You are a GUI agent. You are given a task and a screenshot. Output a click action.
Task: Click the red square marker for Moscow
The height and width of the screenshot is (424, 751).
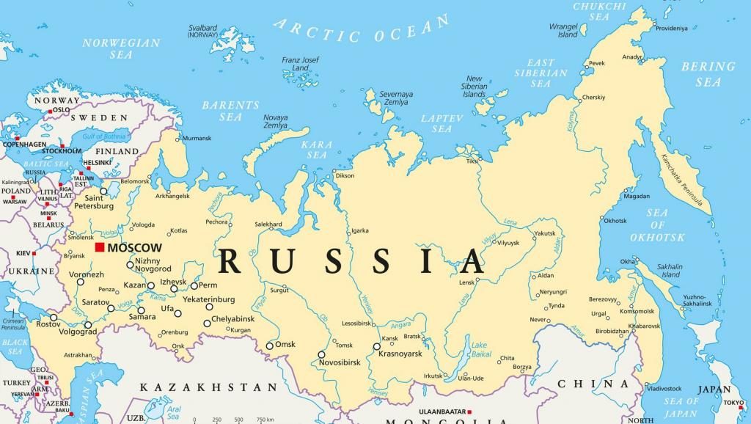tap(99, 247)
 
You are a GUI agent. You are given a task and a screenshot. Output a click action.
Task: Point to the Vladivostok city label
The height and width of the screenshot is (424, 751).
tap(664, 388)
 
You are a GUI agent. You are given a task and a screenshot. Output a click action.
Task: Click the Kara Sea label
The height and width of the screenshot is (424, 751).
tap(317, 150)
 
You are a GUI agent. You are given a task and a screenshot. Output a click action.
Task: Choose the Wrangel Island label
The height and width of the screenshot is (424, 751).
tap(563, 30)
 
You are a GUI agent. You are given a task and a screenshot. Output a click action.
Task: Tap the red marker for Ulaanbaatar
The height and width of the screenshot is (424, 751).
tap(469, 412)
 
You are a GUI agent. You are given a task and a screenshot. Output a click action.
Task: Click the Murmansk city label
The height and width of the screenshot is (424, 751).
tap(196, 138)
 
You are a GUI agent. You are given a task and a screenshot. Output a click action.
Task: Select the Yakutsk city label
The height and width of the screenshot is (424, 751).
tap(545, 233)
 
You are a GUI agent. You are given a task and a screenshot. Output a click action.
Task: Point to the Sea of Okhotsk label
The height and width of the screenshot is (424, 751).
tap(657, 224)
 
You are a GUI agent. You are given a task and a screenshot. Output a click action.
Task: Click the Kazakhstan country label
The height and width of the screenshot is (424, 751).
tap(210, 387)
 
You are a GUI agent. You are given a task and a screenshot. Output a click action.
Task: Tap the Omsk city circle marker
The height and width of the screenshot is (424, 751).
tap(270, 346)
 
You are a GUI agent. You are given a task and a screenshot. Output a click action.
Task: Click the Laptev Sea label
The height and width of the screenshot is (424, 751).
tap(442, 123)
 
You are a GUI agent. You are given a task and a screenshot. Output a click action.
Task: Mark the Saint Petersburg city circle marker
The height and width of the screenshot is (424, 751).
tap(103, 191)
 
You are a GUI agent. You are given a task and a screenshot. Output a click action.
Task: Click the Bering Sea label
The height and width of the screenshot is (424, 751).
tap(708, 74)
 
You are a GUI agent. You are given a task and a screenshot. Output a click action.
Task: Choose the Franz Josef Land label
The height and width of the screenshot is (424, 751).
tap(301, 63)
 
